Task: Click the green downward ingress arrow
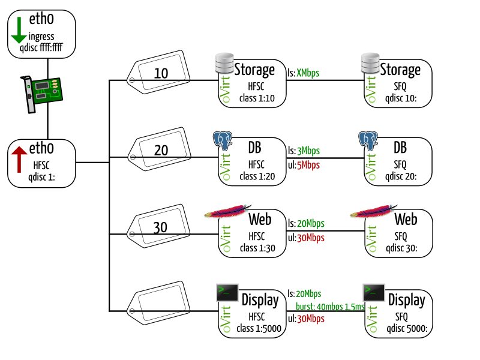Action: (x=19, y=30)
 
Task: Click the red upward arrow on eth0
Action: (x=19, y=159)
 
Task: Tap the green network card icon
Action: (x=42, y=94)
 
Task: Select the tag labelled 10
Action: (x=158, y=72)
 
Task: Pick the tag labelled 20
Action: (x=159, y=149)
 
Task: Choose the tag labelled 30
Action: (x=158, y=226)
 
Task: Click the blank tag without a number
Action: (x=158, y=303)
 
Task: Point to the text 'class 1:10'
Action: (x=257, y=98)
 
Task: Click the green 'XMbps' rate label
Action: (x=308, y=73)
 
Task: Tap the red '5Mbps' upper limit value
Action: (x=308, y=165)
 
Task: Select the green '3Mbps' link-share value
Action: (x=308, y=151)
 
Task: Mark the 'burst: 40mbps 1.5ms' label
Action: (x=330, y=307)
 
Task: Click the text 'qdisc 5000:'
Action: (x=407, y=328)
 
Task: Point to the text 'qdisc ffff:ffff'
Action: (x=41, y=47)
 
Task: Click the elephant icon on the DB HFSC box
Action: (x=223, y=140)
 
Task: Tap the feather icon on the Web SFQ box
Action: (x=374, y=211)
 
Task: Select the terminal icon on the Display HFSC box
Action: (x=227, y=292)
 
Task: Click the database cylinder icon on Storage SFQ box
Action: (x=370, y=63)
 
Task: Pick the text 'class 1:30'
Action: (x=257, y=248)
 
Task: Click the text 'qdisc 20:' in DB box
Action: (x=401, y=176)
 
